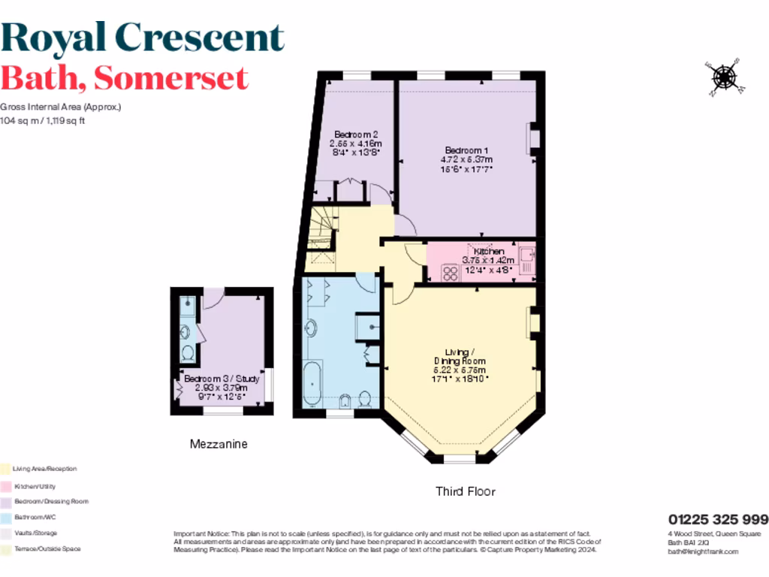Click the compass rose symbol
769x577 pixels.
(x=724, y=77)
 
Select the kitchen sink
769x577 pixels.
(x=526, y=258)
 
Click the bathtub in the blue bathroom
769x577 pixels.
(x=312, y=382)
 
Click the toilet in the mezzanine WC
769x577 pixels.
(x=188, y=352)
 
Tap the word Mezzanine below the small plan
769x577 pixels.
(x=218, y=444)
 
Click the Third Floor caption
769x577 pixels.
(x=466, y=491)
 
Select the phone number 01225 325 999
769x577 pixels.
(x=718, y=519)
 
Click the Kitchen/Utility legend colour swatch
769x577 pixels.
(x=5, y=486)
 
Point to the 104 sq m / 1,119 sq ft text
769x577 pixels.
(x=43, y=120)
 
